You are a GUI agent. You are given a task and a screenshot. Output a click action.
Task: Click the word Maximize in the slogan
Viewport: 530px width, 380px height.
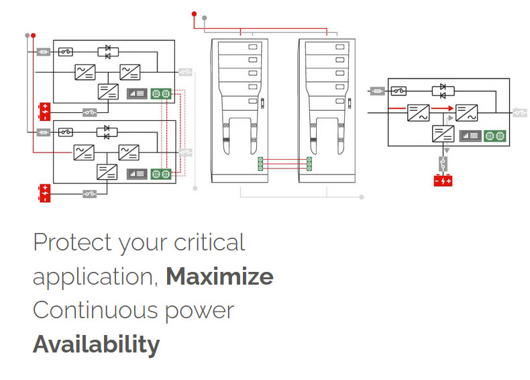tap(219, 277)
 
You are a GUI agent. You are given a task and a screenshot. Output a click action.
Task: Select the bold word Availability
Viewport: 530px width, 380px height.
tap(96, 344)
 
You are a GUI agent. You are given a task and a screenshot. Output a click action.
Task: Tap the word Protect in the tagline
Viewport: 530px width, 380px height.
tap(72, 242)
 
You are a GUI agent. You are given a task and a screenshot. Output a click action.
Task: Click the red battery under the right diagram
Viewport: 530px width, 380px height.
tap(443, 180)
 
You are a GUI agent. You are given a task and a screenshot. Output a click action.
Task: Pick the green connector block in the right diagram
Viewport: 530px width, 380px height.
tap(494, 136)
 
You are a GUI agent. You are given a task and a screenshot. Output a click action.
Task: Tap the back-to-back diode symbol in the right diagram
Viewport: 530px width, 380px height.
tap(443, 90)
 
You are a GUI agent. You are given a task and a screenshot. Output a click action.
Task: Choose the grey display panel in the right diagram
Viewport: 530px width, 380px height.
tap(470, 136)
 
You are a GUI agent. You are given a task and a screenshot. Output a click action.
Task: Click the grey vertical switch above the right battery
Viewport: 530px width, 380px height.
tap(443, 162)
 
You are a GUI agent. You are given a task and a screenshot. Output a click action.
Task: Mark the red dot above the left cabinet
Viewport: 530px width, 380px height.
tap(195, 13)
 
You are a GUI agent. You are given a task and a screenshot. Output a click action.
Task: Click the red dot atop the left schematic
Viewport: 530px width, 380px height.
tap(34, 35)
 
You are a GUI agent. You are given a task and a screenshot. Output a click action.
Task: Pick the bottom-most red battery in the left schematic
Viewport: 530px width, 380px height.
tap(44, 193)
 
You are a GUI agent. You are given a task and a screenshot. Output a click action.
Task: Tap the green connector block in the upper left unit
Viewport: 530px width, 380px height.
tap(161, 93)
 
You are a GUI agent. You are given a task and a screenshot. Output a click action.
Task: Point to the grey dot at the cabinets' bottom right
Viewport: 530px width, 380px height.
tap(362, 197)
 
